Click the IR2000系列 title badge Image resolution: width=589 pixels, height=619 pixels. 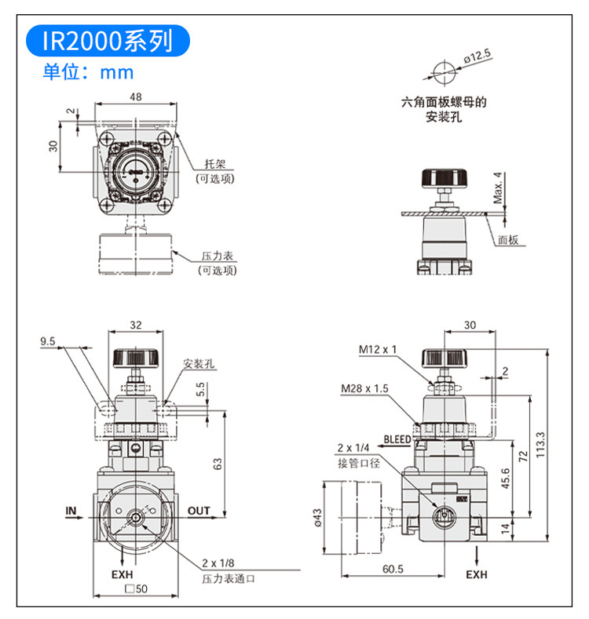click(x=108, y=41)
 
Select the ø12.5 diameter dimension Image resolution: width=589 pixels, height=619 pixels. click(x=477, y=56)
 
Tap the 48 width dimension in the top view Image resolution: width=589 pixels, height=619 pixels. click(x=136, y=96)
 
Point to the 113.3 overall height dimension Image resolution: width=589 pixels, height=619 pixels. click(x=540, y=445)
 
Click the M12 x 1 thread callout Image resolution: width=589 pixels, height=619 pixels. click(x=377, y=349)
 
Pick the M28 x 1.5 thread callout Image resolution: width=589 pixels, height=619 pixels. click(x=364, y=388)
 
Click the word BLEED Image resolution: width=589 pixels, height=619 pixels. click(x=397, y=439)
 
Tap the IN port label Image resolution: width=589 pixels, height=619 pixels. click(x=71, y=511)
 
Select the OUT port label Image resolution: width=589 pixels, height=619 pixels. click(x=199, y=511)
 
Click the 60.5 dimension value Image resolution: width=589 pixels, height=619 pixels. click(x=393, y=569)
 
